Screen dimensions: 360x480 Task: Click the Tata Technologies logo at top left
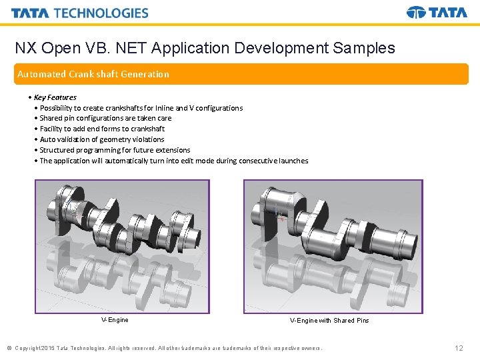tap(79, 13)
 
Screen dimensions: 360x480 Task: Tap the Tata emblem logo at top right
tap(437, 13)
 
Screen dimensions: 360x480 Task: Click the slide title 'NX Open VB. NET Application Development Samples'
tap(205, 48)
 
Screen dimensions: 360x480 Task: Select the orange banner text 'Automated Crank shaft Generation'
tap(93, 74)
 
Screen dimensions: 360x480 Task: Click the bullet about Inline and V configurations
tap(141, 108)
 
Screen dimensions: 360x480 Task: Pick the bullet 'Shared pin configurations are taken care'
tap(105, 118)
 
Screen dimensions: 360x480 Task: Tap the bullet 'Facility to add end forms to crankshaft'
tap(102, 129)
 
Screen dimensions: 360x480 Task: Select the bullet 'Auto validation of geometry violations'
tap(101, 139)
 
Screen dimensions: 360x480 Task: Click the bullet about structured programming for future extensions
tap(115, 150)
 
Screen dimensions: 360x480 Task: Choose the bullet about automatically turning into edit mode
tap(173, 161)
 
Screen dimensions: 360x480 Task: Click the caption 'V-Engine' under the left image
tap(115, 320)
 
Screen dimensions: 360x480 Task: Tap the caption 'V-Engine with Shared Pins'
tap(329, 321)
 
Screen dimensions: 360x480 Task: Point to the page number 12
tap(459, 348)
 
